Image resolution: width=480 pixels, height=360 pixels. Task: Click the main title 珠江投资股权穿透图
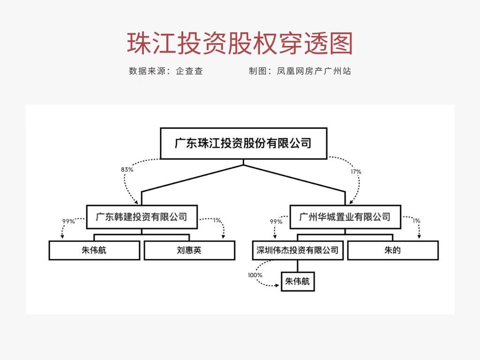pos(240,44)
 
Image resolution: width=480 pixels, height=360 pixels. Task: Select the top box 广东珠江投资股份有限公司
pos(243,143)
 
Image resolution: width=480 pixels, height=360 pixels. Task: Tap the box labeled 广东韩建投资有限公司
pos(142,217)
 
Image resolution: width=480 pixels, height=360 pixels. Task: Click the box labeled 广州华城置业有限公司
pos(345,217)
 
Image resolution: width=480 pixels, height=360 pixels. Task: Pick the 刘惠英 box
pos(189,250)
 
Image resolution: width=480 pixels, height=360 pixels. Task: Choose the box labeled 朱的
pos(392,250)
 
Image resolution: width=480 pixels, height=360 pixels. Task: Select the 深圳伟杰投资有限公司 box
pos(297,250)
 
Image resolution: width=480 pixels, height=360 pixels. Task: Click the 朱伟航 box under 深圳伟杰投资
pos(297,282)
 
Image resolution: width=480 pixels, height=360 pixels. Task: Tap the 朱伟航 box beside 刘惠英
pos(94,250)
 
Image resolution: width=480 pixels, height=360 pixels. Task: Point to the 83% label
pos(127,170)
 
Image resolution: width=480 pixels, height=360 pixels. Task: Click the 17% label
pos(356,172)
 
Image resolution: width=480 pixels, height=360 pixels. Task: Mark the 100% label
pos(255,275)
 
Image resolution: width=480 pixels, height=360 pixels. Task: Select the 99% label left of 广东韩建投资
pos(68,221)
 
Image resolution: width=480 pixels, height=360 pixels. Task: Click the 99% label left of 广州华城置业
pos(276,221)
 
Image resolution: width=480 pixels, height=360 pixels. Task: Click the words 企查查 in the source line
pos(189,71)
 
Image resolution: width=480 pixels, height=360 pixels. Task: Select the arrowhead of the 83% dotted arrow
pos(136,202)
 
